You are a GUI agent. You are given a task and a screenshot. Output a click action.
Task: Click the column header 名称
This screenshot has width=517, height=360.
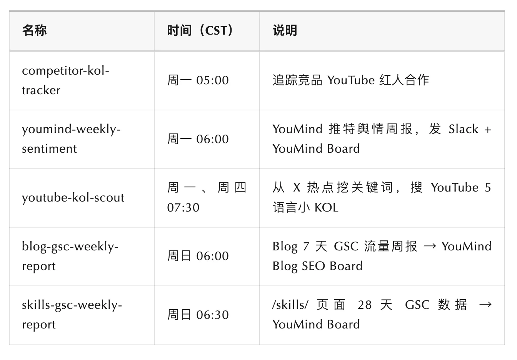34,30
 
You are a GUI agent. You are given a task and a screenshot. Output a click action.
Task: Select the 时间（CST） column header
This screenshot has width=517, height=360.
200,30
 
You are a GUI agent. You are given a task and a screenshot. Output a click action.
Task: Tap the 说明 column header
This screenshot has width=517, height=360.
285,30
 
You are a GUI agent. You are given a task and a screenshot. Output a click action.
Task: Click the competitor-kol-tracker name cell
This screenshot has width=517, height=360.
65,80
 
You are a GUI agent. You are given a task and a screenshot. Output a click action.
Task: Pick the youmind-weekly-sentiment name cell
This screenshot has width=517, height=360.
71,139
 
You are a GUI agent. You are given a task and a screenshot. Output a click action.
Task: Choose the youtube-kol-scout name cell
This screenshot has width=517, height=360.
73,198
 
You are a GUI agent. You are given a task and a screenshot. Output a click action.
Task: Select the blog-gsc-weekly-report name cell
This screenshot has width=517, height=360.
70,256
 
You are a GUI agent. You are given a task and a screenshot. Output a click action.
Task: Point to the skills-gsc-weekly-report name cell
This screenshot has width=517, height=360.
72,315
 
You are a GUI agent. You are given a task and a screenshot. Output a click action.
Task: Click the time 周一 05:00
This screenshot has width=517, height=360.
198,80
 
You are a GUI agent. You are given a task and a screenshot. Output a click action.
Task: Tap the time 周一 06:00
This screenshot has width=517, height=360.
198,139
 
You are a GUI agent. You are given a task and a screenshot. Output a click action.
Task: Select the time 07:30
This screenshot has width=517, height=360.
183,208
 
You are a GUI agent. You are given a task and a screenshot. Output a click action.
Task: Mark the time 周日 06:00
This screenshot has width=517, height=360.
198,256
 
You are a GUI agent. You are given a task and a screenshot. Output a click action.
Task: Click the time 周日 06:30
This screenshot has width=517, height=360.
198,315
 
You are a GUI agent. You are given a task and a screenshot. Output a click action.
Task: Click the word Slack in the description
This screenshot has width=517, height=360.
463,129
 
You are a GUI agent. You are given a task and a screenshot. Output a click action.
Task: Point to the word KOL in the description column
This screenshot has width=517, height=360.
326,208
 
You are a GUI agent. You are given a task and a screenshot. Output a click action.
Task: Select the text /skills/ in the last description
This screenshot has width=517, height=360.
290,305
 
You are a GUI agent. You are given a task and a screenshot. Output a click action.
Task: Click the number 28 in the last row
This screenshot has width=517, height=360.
364,305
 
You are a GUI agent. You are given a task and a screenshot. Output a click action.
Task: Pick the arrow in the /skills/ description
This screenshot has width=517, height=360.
485,305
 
